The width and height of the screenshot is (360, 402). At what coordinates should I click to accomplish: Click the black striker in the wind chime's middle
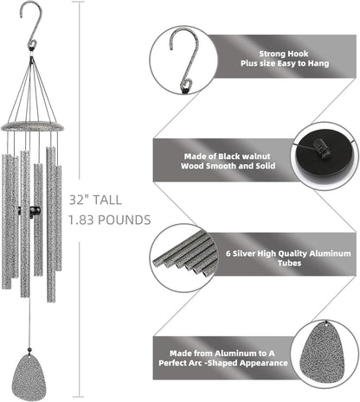click(x=34, y=212)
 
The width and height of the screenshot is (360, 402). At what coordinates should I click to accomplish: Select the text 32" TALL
click(x=91, y=198)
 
